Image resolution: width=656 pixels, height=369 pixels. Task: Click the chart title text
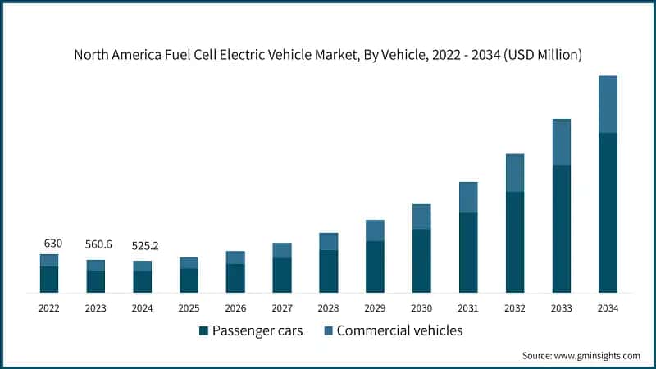point(328,56)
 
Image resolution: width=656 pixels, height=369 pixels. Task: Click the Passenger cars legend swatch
point(203,330)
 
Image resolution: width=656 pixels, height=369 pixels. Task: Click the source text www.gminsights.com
point(581,355)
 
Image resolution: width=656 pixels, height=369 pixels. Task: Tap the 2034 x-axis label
point(608,308)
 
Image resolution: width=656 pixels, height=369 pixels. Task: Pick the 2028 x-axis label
point(329,308)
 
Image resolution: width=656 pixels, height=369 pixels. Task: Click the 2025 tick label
point(189,308)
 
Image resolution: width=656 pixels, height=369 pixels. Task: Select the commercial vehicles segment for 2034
point(608,104)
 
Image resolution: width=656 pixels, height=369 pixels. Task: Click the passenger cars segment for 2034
point(608,212)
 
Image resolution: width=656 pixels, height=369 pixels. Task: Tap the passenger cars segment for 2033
point(561,229)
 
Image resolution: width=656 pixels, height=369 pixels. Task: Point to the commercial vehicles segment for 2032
point(515,173)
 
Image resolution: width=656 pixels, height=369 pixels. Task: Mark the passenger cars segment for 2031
point(468,253)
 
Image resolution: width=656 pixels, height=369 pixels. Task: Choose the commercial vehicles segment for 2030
point(421,216)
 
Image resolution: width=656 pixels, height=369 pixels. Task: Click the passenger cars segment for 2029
point(375,266)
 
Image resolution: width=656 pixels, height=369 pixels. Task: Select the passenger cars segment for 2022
point(49,280)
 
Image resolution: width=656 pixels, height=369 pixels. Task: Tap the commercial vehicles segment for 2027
point(282,250)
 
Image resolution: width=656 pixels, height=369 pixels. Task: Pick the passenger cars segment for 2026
point(235,278)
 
